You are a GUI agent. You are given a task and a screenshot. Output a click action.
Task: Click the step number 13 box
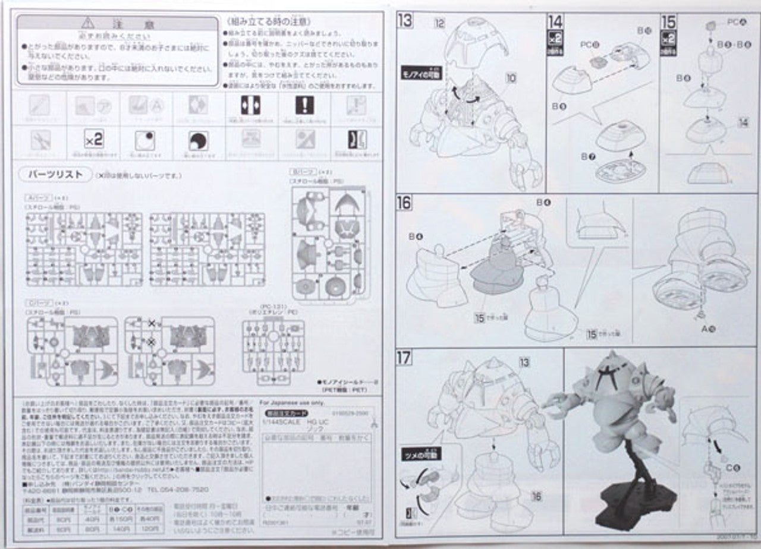[405, 21]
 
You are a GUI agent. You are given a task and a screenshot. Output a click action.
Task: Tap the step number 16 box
[404, 203]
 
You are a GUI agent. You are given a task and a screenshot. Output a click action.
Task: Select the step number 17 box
[404, 358]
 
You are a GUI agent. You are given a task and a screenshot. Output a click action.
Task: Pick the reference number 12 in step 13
[439, 23]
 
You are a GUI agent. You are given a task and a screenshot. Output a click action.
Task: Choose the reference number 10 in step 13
[512, 77]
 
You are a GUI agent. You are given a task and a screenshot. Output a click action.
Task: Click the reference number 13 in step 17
[524, 362]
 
